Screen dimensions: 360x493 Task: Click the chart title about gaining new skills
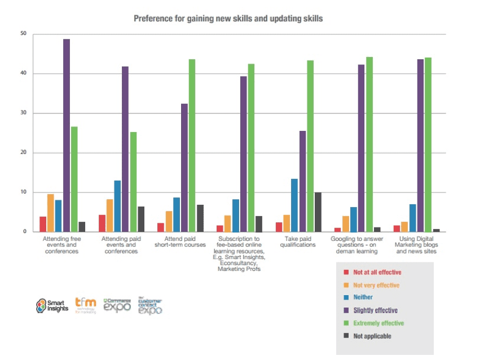click(228, 19)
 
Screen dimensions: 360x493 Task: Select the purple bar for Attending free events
click(66, 135)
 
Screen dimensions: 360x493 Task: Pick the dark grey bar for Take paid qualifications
click(318, 212)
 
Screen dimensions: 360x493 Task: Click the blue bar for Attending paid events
click(117, 206)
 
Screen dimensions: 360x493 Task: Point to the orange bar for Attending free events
click(51, 213)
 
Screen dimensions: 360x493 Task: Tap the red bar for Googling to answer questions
click(337, 230)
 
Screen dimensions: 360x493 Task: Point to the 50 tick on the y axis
click(23, 34)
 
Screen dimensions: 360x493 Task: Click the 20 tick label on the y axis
click(23, 153)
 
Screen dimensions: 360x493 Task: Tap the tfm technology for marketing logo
click(86, 305)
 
